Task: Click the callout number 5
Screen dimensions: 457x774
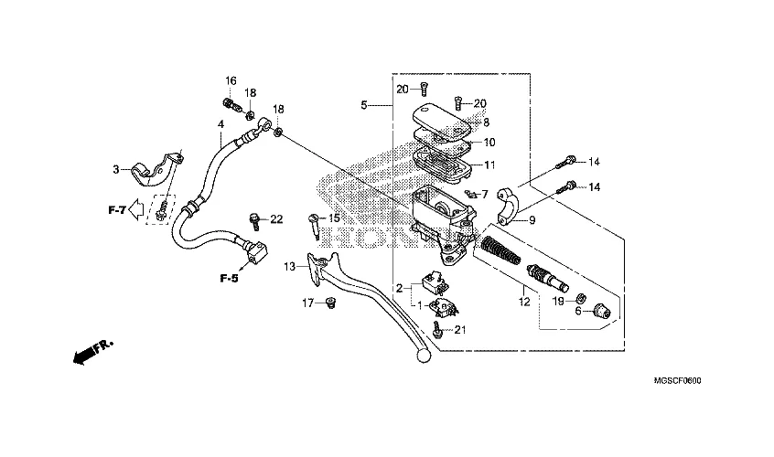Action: tap(364, 106)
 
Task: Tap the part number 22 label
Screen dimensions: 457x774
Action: tap(276, 218)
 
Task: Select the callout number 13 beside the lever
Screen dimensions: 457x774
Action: tap(290, 267)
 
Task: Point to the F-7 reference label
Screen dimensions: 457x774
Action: tap(115, 211)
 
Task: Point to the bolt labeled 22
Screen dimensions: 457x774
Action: tap(253, 218)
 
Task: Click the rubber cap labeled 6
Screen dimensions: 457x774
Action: tap(600, 310)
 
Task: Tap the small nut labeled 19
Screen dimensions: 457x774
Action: tap(579, 297)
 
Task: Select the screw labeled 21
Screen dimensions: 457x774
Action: tap(440, 332)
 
